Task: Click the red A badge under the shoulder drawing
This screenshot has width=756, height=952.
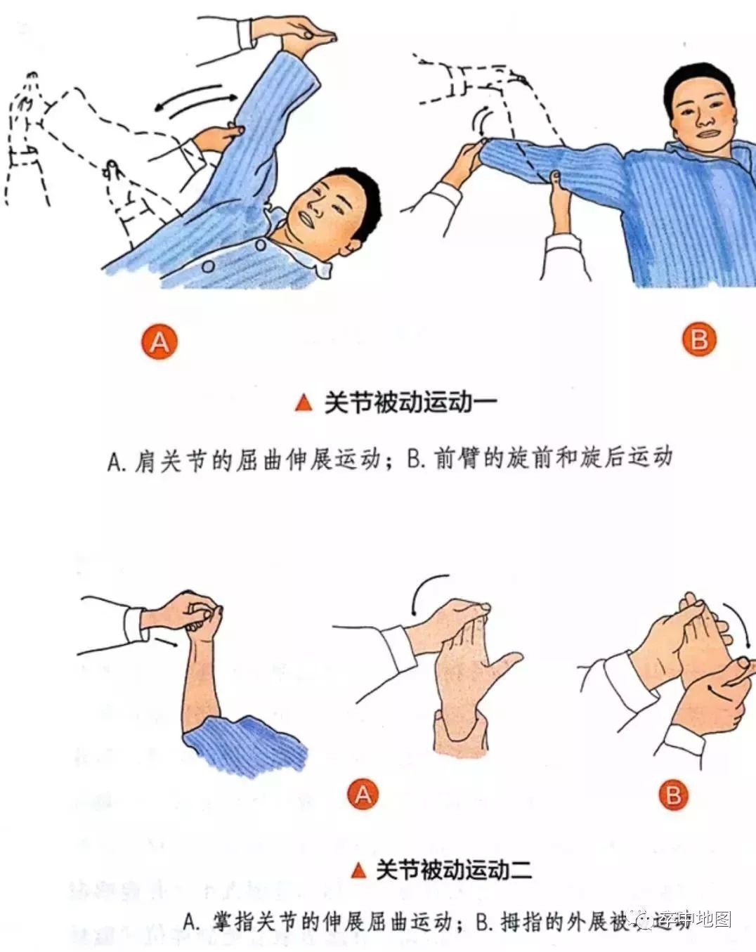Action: pos(160,342)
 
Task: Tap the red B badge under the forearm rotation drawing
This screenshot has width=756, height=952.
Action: pos(699,340)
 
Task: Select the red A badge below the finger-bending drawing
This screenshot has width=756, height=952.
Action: pos(363,795)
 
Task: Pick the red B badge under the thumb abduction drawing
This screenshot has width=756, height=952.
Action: pos(673,795)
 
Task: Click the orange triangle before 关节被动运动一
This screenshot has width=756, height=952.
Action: pos(304,403)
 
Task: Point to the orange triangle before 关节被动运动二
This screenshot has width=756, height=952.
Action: pos(358,871)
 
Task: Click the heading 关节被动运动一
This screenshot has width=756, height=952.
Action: pos(410,403)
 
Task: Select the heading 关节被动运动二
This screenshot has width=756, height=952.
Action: pos(453,870)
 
